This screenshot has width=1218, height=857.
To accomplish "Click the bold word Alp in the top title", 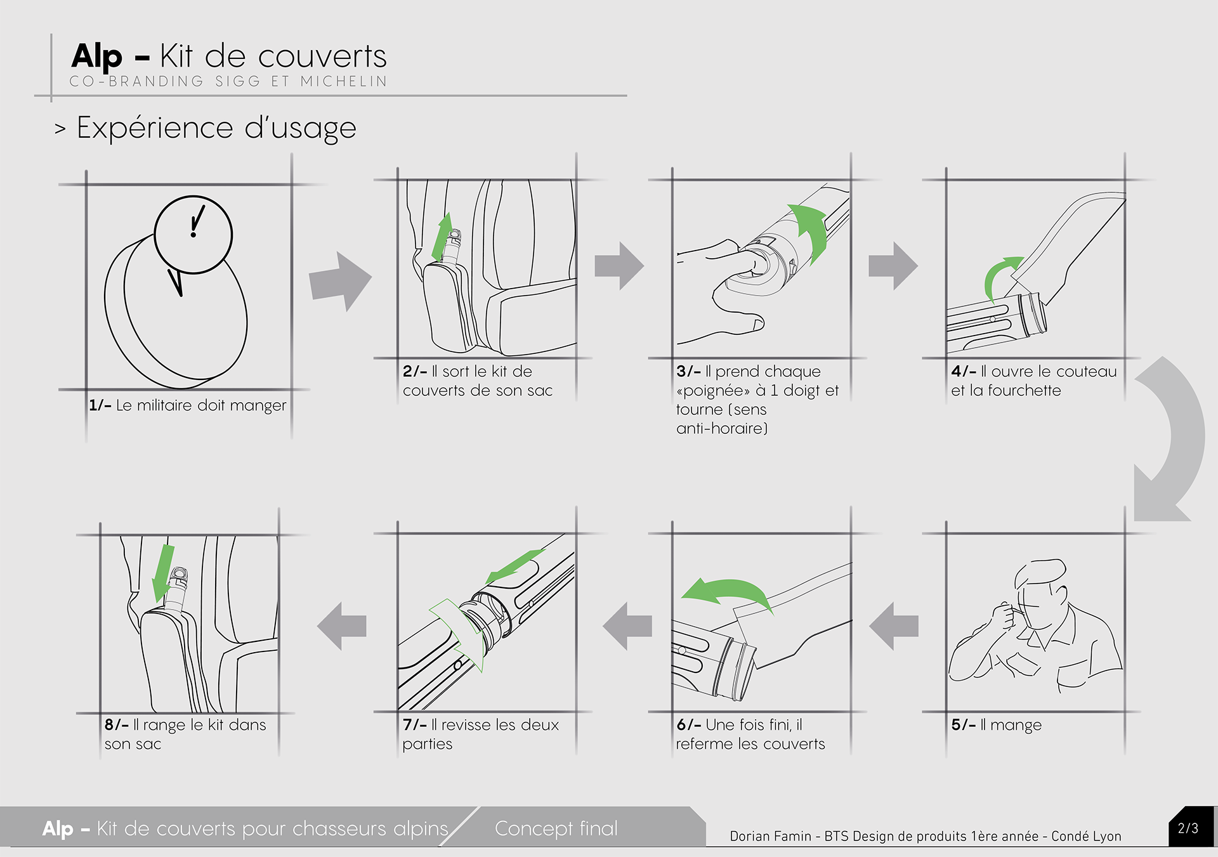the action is [96, 57].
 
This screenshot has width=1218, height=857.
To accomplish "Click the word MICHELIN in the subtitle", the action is [343, 81].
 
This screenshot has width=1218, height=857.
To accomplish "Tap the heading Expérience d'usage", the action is [216, 128].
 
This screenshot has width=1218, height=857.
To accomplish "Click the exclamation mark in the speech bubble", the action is [197, 221].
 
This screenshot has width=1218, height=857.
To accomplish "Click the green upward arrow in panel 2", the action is [442, 237].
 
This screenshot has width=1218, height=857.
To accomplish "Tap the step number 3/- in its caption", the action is [688, 371].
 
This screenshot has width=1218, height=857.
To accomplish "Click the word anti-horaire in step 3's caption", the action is [722, 428].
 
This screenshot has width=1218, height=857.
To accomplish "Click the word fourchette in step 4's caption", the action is [1024, 390].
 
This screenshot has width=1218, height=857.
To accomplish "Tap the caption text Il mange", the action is [1011, 725].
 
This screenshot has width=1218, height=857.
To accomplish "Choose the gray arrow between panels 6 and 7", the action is [627, 626].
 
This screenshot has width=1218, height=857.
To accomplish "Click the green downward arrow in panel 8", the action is [162, 573].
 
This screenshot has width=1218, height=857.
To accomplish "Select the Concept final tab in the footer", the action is [556, 828].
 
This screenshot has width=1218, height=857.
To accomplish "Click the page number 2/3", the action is [1188, 828].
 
